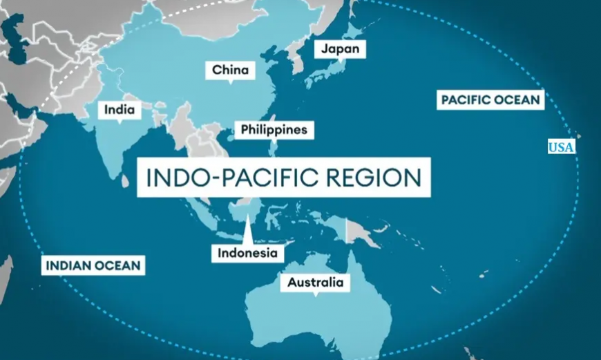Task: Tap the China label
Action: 230,70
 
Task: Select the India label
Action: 118,110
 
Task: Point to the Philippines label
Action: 274,130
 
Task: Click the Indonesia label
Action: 247,253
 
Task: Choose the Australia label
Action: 314,283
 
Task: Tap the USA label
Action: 562,146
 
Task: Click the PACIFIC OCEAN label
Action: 490,100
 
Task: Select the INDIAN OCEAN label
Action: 93,265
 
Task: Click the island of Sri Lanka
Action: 126,180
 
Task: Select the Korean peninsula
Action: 298,63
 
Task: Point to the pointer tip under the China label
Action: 230,83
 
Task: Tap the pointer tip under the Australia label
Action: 315,295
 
